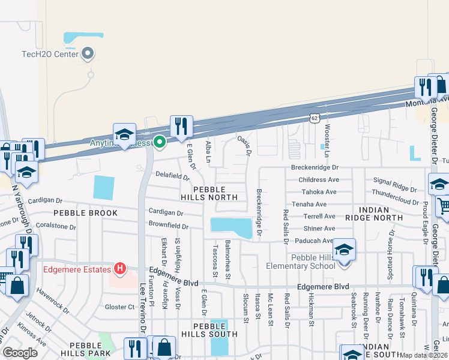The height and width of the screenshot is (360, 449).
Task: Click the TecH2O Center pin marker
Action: point(88,53)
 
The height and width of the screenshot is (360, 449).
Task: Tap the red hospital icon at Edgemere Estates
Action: point(121,268)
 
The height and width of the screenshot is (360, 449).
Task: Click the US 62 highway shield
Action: point(315,118)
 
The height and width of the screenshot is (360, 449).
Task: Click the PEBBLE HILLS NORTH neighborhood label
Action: point(210,192)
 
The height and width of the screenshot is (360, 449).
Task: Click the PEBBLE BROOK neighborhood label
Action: point(83,213)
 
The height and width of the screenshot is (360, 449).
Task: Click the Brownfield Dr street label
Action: point(169,226)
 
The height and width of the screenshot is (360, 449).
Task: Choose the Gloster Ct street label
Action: point(119,307)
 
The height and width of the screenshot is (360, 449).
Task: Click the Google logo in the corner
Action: point(20,352)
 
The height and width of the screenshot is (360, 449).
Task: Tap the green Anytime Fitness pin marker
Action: point(160,143)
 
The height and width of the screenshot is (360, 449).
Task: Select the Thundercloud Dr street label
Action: point(395,193)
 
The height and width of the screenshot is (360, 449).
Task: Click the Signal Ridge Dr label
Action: point(395,181)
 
